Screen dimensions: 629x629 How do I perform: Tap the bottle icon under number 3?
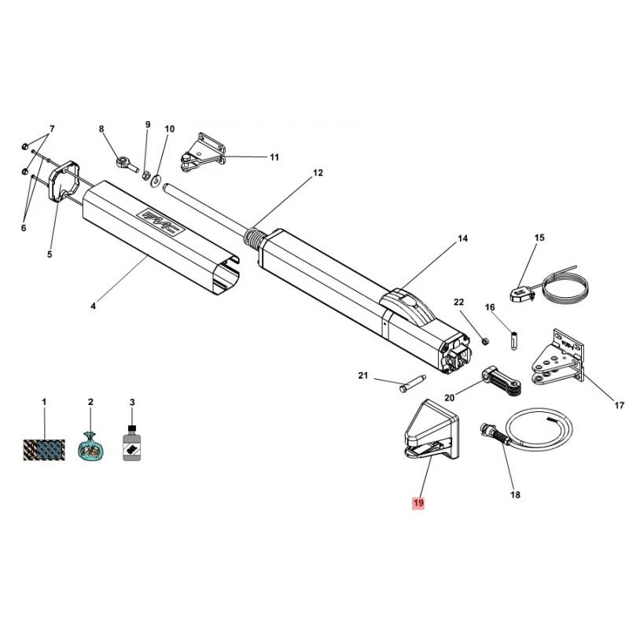pyautogui.click(x=132, y=444)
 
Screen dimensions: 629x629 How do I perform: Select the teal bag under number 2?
pyautogui.click(x=90, y=447)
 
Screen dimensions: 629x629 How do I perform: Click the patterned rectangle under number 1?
pyautogui.click(x=45, y=449)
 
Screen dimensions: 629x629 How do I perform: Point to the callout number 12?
pyautogui.click(x=318, y=173)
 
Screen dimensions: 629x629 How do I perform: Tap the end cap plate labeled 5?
pyautogui.click(x=61, y=182)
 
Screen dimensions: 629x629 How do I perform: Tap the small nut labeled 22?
pyautogui.click(x=484, y=340)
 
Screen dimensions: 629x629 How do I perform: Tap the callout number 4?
pyautogui.click(x=93, y=306)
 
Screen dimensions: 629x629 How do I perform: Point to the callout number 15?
pyautogui.click(x=539, y=237)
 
